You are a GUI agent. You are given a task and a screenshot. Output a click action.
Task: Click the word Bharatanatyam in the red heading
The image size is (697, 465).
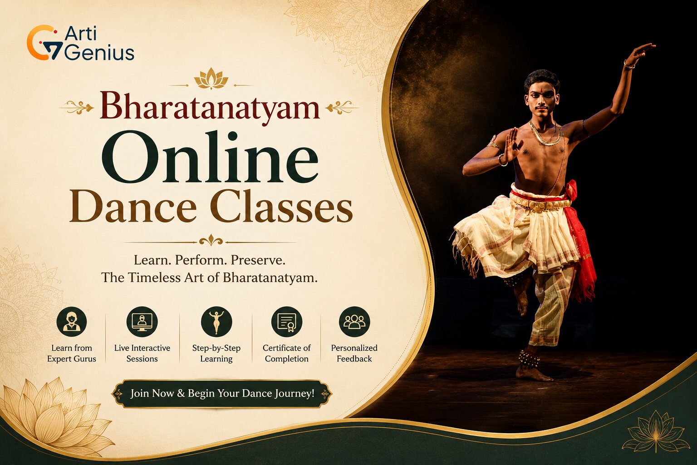pyautogui.click(x=210, y=107)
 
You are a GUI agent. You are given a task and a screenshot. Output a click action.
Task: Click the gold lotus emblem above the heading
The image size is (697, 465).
pyautogui.click(x=211, y=78)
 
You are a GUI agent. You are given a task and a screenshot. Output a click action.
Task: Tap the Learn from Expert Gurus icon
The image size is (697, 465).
pyautogui.click(x=72, y=322)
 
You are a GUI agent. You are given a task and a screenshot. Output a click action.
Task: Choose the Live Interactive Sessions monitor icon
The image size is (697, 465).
pyautogui.click(x=142, y=322)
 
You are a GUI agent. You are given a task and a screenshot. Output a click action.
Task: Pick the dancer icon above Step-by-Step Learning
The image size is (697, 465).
pyautogui.click(x=216, y=322)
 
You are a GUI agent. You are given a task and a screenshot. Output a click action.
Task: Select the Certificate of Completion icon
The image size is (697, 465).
pyautogui.click(x=287, y=322)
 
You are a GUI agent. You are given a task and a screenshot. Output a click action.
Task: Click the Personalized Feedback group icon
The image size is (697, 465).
pyautogui.click(x=354, y=322)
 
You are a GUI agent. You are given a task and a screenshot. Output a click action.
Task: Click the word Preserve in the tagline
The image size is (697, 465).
pyautogui.click(x=258, y=260)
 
